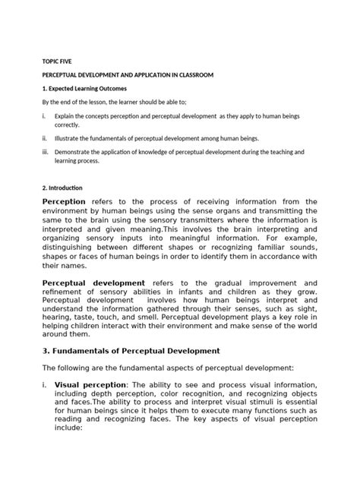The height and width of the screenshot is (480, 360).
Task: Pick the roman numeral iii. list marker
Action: pos(45,152)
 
